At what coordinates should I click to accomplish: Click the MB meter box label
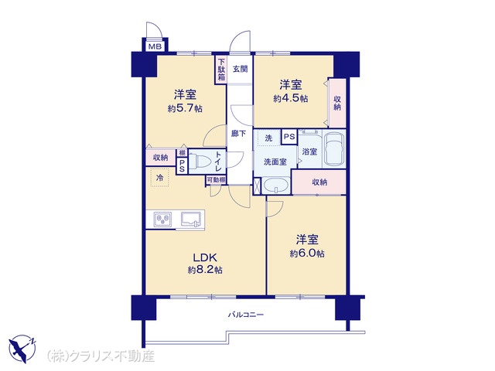155,47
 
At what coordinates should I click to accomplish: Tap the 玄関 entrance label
241,69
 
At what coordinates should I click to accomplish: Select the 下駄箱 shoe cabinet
221,70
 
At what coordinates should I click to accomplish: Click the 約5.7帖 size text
185,109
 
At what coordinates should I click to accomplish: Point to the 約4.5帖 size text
291,98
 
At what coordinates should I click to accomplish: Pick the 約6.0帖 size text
307,254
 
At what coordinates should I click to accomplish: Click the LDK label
205,257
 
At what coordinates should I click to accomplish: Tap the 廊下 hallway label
238,134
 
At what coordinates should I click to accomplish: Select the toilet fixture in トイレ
200,161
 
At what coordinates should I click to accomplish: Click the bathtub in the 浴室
334,149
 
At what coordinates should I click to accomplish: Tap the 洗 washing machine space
268,138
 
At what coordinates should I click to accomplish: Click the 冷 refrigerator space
160,178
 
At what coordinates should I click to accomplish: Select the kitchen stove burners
162,219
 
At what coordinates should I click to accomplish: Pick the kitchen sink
191,219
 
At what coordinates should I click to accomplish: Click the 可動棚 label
216,180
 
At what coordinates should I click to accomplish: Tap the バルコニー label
246,315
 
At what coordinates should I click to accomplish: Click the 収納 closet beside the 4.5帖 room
337,103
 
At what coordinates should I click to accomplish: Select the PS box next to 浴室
289,137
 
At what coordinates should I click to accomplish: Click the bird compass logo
22,349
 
